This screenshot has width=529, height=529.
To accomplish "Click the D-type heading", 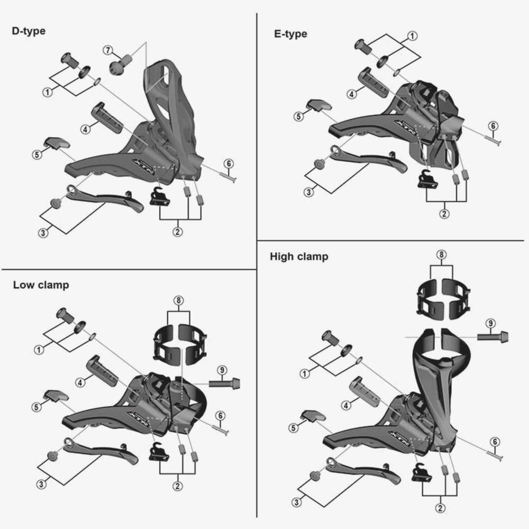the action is [29, 31].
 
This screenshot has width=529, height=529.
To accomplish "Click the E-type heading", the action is [290, 34].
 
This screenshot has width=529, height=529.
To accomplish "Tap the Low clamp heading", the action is [41, 285].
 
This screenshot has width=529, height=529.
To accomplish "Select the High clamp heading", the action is [299, 257].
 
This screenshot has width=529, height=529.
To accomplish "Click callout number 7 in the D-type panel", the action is [107, 50].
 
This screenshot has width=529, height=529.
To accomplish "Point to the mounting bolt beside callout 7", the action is [121, 64].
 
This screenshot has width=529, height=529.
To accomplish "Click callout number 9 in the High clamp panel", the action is [490, 323].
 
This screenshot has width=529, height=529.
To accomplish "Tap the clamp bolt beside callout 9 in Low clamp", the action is [224, 384].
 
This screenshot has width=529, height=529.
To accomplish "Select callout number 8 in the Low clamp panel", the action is [178, 300].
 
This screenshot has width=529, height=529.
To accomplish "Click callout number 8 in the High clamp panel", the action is [441, 254].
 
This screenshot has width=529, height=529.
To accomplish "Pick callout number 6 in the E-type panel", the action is [493, 126].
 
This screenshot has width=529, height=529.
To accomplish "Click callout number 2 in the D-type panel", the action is [177, 232].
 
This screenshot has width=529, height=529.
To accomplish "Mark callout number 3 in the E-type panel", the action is [309, 193].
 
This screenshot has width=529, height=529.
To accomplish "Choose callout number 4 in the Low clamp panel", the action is [80, 382].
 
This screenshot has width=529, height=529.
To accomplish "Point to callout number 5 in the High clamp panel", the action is [294, 428].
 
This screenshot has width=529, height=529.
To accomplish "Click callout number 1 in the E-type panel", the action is [412, 35].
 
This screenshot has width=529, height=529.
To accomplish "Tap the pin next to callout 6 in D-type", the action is [228, 177].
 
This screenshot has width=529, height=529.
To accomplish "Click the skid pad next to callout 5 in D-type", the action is [57, 143].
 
